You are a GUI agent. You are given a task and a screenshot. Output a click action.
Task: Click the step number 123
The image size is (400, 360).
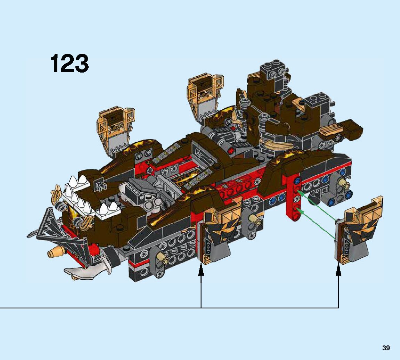(70, 63)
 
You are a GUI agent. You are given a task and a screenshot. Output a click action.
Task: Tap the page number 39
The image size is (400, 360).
(386, 348)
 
